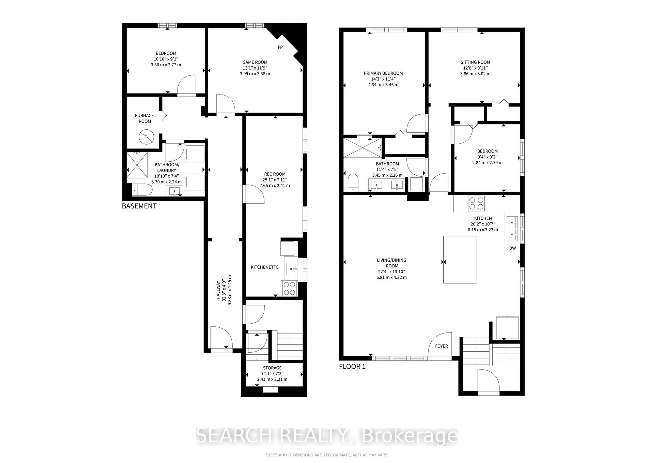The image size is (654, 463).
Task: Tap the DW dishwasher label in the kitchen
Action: tap(512, 248)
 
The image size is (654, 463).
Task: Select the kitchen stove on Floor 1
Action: tap(476, 203)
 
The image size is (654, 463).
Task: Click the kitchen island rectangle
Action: tap(460, 259)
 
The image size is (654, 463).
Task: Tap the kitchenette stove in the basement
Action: tap(289, 288)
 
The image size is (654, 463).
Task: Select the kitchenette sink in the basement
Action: tap(291, 269)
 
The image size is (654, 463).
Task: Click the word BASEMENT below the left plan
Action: tap(139, 206)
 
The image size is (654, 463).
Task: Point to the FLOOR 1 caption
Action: tap(352, 366)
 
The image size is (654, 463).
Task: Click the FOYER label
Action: tap(441, 346)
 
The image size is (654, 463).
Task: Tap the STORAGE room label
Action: tap(272, 368)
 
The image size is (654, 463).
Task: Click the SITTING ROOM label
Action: tap(475, 62)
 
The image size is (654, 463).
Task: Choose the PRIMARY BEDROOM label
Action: tap(383, 73)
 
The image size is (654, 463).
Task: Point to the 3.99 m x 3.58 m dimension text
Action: tap(255, 73)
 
